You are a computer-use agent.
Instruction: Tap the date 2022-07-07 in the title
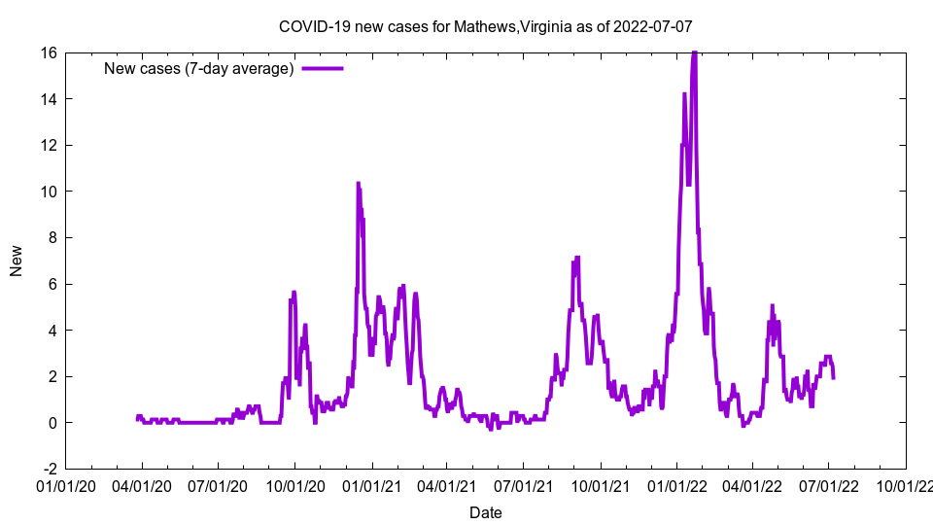653,26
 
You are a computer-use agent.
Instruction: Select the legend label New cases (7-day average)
199,68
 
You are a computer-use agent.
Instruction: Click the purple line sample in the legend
323,68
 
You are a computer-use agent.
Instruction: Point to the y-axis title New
17,261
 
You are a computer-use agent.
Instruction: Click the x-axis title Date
485,512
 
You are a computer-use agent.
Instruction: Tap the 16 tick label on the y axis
48,52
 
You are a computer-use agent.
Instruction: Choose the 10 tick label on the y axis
48,192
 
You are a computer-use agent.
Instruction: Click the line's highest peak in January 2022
694,53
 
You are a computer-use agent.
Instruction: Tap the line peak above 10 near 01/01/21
358,183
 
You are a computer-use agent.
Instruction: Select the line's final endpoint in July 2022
833,377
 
